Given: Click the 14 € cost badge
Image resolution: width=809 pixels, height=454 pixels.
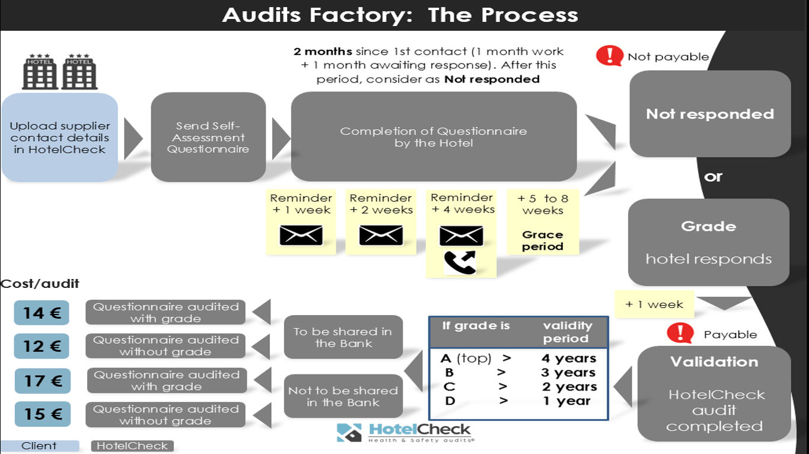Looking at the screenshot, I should [42, 313].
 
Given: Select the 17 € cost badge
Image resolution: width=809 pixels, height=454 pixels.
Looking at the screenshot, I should [42, 380].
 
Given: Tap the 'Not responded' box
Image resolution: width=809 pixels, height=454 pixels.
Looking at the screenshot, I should [710, 114].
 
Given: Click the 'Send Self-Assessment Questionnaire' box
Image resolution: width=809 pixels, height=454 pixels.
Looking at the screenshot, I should [208, 137].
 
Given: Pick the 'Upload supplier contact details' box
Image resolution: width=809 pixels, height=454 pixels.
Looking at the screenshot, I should [60, 137].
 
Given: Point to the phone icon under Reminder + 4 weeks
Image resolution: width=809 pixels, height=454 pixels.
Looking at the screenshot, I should [460, 262].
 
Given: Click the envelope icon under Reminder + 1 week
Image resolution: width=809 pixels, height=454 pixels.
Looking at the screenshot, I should [301, 235].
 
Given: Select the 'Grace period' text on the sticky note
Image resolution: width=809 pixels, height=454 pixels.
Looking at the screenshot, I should [543, 240].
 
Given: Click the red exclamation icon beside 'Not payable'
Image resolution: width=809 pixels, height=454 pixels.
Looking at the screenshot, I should [610, 56].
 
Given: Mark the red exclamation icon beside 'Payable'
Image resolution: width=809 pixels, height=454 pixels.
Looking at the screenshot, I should [680, 333].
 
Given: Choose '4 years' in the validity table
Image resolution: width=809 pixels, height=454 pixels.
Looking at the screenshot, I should [568, 358].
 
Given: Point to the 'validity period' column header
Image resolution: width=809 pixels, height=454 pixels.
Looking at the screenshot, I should [567, 332].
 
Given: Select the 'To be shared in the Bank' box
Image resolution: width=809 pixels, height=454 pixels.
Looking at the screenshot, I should [343, 337].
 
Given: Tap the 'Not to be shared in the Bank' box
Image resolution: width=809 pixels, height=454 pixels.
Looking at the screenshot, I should [343, 396].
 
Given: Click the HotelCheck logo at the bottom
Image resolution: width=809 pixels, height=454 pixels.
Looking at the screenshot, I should [404, 432].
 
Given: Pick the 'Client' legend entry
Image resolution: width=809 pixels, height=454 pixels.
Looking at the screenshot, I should [40, 446].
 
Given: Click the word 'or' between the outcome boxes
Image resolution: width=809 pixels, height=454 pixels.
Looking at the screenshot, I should [713, 177].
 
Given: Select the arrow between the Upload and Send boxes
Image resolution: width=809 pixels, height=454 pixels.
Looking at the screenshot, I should [133, 138].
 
